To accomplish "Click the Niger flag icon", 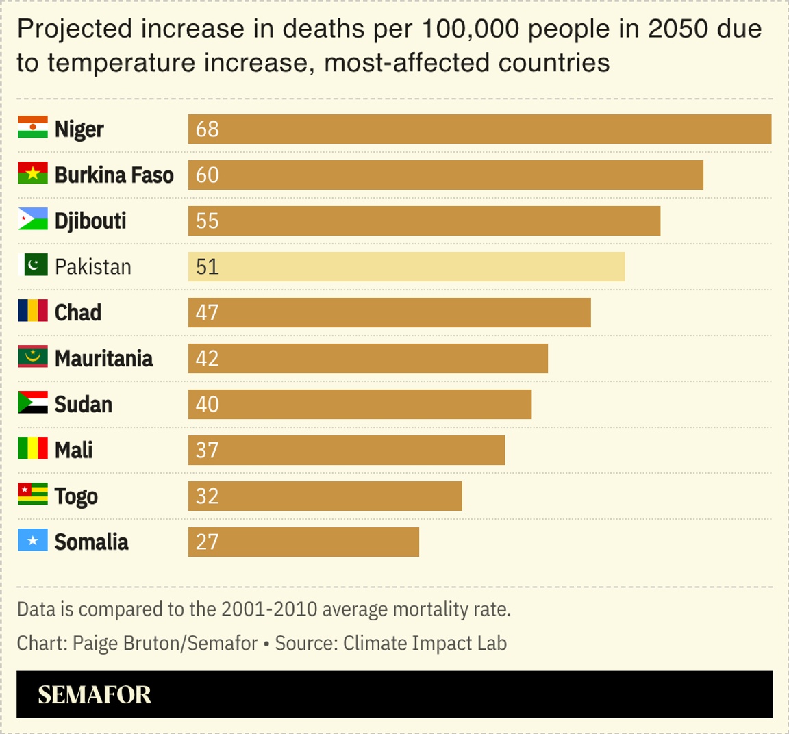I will [32, 128].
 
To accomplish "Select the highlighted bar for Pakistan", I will [406, 266].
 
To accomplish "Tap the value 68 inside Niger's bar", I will [207, 129].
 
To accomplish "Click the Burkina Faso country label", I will [114, 175].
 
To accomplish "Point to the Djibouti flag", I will [32, 220].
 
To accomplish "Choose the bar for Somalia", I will [303, 542].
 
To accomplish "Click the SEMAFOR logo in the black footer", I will [95, 694].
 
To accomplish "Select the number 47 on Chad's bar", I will [207, 312].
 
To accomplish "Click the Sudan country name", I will [83, 404].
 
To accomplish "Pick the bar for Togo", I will [325, 496].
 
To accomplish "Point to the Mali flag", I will [32, 449].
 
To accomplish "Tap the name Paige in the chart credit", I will [95, 644].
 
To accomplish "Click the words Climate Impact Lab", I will [425, 644].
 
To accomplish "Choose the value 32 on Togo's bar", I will [207, 496].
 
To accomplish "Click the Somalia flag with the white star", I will [32, 541].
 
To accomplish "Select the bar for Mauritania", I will [368, 358].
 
